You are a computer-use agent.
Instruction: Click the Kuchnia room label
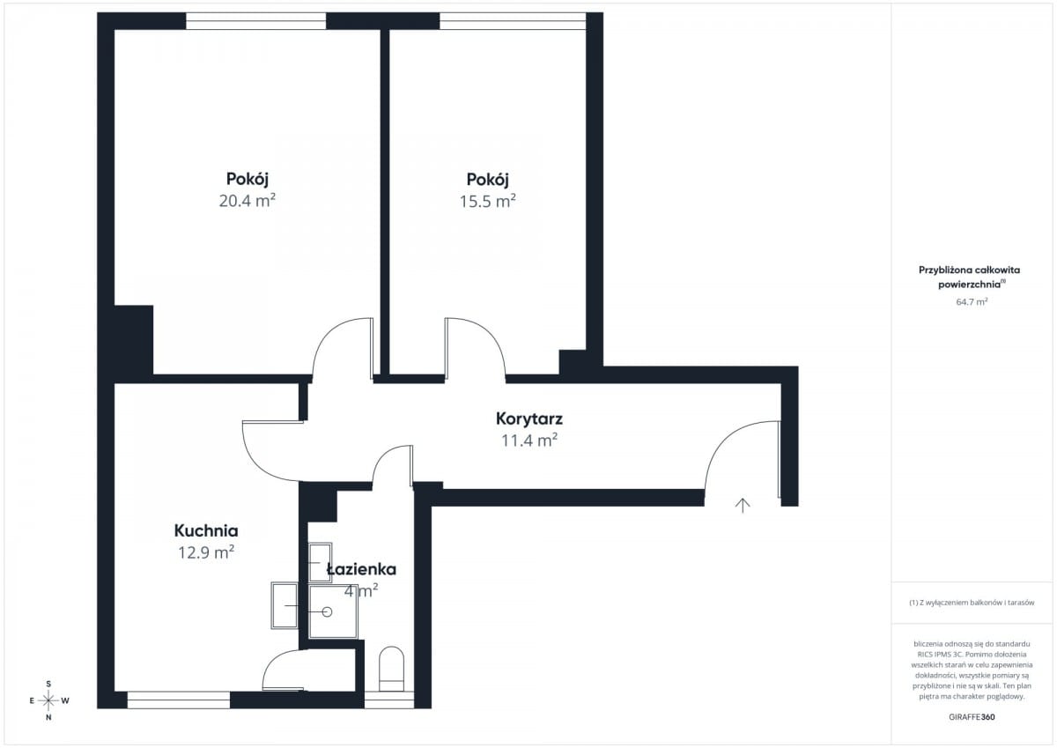(x=206, y=531)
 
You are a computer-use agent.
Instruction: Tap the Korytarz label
(x=529, y=418)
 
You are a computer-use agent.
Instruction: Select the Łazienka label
(x=361, y=569)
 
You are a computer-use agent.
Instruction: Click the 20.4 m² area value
(x=248, y=201)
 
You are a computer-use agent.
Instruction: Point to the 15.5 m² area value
(x=488, y=202)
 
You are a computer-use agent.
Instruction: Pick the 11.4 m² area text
(x=529, y=441)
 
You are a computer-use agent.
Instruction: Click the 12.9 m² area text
(x=206, y=552)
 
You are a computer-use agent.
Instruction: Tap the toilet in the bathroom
(x=392, y=669)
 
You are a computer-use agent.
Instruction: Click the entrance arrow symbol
(x=743, y=506)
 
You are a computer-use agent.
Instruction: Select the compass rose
(x=48, y=700)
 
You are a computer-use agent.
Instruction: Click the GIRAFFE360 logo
(x=972, y=717)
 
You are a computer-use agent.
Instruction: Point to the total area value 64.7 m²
(x=972, y=301)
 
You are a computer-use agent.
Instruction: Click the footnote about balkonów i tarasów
(x=972, y=603)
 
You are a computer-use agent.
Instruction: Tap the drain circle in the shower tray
(x=327, y=612)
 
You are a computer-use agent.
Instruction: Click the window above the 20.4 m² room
(x=255, y=21)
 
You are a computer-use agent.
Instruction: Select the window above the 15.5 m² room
(x=513, y=21)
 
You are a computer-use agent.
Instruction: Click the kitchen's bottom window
(x=178, y=700)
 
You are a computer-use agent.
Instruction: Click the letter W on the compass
(x=65, y=700)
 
